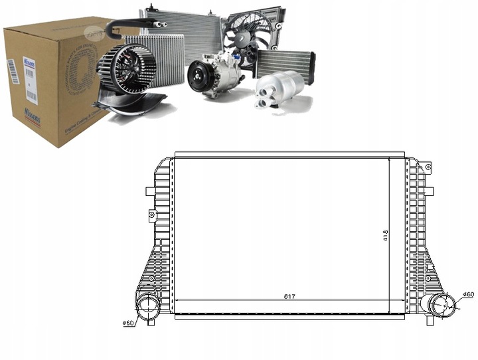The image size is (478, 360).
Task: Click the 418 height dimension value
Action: pos(385,234)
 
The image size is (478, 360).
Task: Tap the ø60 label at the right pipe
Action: pos(468,294)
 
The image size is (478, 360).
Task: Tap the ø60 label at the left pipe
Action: pos(129,324)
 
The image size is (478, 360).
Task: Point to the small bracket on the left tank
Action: pos(152,215)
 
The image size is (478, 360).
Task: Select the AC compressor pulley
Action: pos(197,76)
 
